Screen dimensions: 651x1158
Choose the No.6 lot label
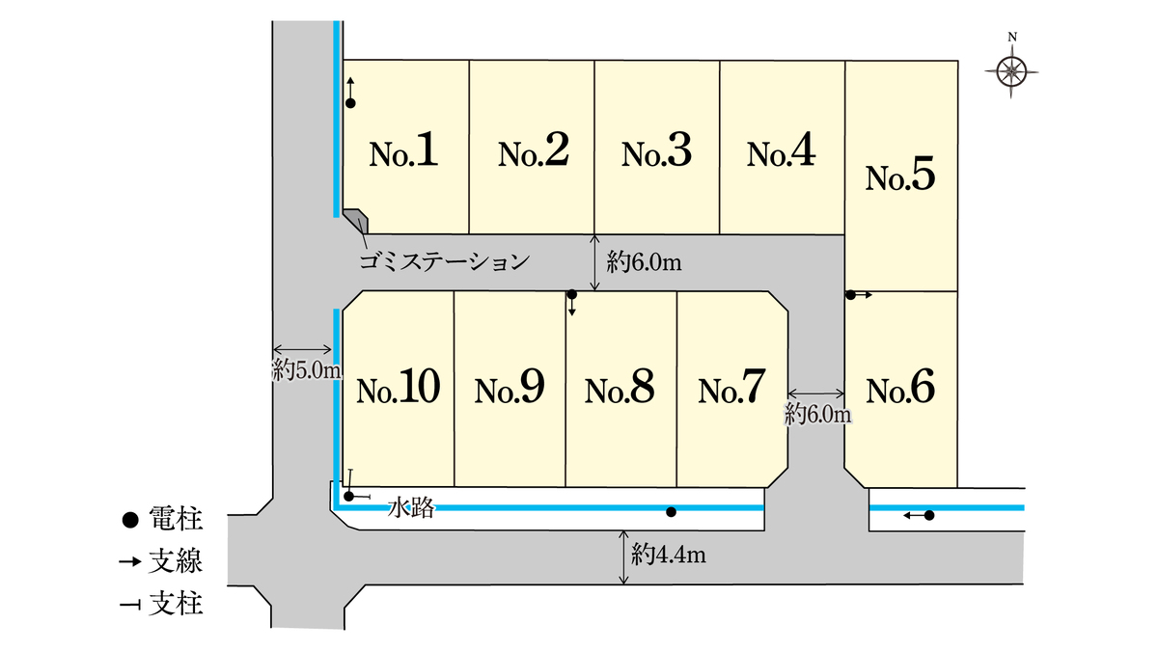(x=900, y=389)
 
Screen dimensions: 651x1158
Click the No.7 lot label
(x=732, y=389)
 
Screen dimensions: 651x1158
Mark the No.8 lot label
(x=620, y=389)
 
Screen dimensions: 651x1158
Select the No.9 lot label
(x=510, y=389)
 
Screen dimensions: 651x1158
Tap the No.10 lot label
(x=398, y=389)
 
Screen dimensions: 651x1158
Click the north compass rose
(x=1012, y=69)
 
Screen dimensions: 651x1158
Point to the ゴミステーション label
(x=444, y=260)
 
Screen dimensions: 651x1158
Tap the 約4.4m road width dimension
(x=667, y=556)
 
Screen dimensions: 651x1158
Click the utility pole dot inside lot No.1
(x=350, y=102)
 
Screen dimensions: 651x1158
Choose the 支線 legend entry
(x=164, y=562)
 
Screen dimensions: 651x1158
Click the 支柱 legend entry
(x=164, y=605)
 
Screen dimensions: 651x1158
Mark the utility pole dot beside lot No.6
(x=850, y=295)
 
